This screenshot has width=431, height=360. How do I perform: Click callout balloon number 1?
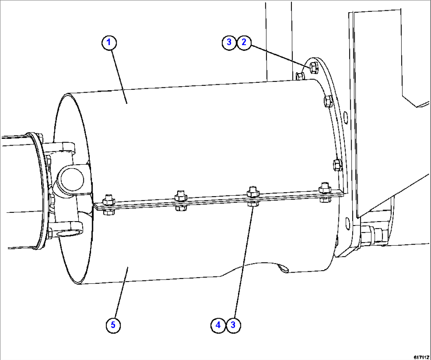pos(110,43)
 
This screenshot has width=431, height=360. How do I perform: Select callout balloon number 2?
pos(244,42)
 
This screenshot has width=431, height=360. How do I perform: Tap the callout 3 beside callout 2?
pos(229,42)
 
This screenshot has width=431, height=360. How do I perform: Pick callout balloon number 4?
pos(218,325)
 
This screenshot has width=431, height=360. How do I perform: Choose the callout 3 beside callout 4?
pos(233,325)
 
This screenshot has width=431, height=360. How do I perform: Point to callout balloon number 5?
pos(113,325)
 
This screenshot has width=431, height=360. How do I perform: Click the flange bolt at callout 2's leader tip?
pos(313,68)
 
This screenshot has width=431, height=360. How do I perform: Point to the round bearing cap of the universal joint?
pos(71,179)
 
